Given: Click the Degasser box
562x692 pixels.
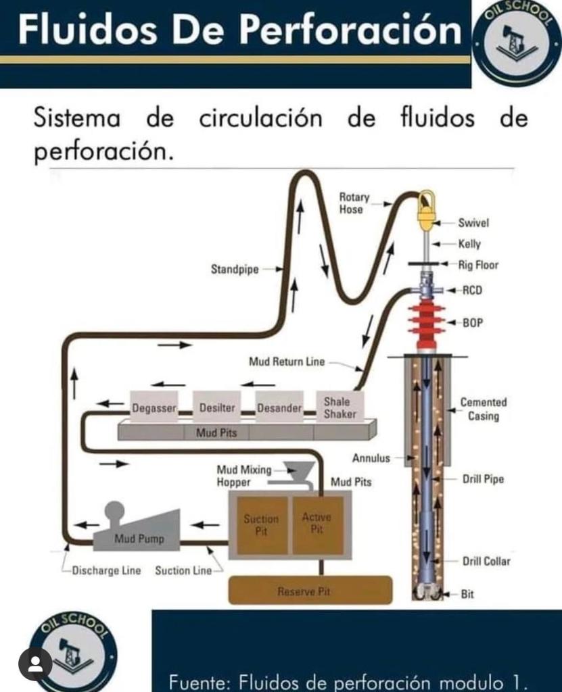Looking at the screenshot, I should pos(154,407).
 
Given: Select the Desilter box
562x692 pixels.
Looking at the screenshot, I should pos(216,407).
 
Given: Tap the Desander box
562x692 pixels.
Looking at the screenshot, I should pos(279,407).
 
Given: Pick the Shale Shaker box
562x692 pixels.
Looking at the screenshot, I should pos(339,407).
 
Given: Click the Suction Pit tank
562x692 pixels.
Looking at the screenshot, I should pos(261,525).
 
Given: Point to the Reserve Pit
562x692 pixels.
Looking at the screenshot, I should pos(310,591).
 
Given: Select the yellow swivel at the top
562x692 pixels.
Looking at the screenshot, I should pos(426,212).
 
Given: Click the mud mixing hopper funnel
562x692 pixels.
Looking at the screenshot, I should pos(298,470).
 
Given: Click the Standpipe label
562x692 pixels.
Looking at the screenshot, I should pos(235,270).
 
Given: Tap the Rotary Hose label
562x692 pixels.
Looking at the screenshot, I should pos(354,203).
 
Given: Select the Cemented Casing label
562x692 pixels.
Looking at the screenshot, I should pos(484,409).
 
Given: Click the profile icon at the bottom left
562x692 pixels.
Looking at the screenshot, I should pos(35,664).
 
